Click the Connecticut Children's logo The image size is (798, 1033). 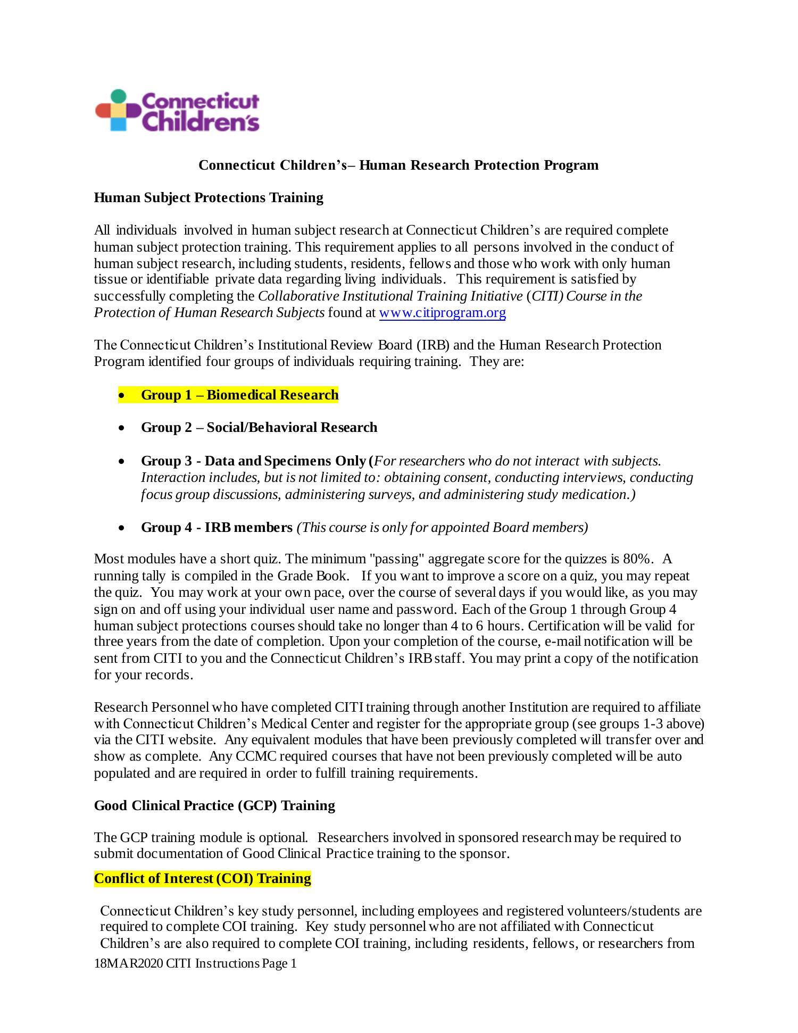point(177,111)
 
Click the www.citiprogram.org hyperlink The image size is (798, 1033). point(442,313)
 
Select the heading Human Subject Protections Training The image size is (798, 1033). point(209,197)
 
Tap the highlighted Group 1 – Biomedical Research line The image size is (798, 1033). point(239,395)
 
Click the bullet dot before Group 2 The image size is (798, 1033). point(122,428)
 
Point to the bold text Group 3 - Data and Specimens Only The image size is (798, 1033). point(253,461)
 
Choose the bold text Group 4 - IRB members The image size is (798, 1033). point(217,527)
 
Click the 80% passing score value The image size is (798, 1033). point(637,559)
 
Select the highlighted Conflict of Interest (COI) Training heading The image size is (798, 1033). point(202,878)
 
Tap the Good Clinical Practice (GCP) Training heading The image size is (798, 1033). point(214,805)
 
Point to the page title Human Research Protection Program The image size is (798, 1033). point(478,165)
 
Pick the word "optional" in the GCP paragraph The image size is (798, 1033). point(282,837)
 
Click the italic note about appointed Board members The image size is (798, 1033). point(442,527)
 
